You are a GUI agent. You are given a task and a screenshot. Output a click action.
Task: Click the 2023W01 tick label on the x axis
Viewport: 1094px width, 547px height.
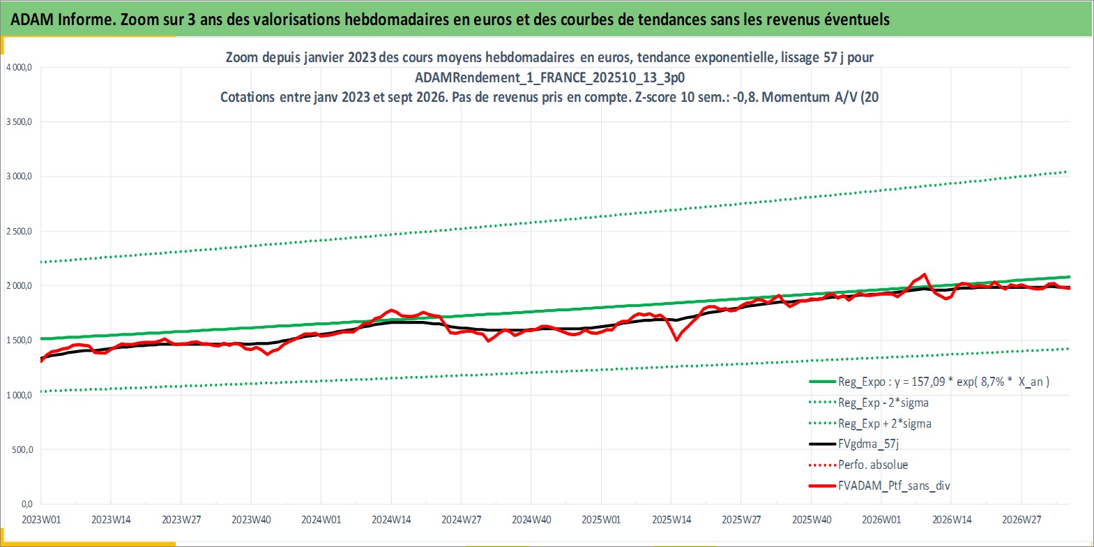(41, 520)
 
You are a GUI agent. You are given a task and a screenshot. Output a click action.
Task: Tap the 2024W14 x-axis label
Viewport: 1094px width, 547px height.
(391, 520)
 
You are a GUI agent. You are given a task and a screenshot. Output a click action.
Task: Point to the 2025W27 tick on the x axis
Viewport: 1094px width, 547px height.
(741, 520)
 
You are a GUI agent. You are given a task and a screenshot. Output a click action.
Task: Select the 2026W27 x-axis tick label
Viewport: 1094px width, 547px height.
(1021, 520)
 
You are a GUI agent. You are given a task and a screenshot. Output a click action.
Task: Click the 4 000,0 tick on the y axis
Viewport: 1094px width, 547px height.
(19, 68)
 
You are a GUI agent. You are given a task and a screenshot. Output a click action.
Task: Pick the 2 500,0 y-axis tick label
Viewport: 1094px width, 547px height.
(19, 231)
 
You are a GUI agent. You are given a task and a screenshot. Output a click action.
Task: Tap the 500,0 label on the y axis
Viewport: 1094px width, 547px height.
(22, 450)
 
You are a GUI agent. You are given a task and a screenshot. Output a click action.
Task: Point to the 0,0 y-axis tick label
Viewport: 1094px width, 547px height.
(27, 504)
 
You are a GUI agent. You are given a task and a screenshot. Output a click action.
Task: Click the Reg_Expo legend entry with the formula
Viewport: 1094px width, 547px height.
(929, 382)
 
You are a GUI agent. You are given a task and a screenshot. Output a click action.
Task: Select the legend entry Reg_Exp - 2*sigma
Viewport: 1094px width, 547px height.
(869, 403)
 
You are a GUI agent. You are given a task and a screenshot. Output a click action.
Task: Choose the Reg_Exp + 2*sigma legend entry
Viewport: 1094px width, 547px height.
(870, 424)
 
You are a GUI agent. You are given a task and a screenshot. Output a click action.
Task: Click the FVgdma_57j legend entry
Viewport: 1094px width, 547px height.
(853, 444)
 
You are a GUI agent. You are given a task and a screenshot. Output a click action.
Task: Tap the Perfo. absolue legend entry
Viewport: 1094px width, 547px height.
(858, 465)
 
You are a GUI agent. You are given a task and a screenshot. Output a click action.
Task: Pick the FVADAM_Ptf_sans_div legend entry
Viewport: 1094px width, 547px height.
(880, 486)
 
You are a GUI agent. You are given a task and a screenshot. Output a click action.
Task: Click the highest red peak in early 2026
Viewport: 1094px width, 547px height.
(924, 274)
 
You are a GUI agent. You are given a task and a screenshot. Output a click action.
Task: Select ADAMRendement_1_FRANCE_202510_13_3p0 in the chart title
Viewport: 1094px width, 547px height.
(549, 77)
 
